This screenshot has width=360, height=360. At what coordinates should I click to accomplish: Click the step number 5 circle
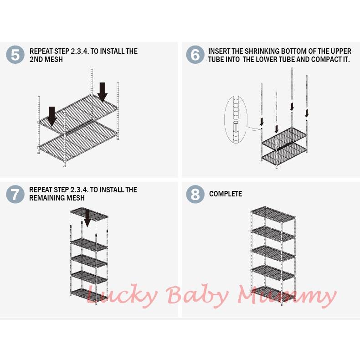[x=15, y=55]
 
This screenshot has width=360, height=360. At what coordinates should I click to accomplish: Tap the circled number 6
[x=195, y=55]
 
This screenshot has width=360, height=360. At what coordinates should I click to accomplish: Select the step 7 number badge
[x=15, y=194]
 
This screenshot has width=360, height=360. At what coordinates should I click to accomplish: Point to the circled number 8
[x=195, y=194]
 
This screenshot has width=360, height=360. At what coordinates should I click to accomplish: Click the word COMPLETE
[x=226, y=194]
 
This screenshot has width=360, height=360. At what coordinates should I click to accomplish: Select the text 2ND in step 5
[x=37, y=60]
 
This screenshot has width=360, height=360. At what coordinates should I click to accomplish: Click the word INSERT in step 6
[x=220, y=51]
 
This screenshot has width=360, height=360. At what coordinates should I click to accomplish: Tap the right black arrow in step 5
[x=103, y=92]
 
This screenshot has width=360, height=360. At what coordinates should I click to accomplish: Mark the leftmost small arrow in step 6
[x=262, y=121]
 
